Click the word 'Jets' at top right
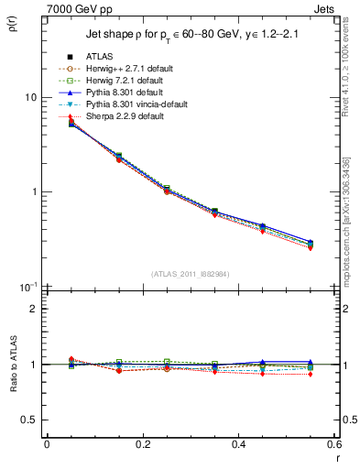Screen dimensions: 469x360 click(x=324, y=7)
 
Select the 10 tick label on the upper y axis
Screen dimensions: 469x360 click(x=30, y=97)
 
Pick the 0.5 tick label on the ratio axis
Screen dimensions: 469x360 click(x=30, y=420)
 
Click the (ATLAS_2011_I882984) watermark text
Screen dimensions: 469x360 click(x=191, y=274)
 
